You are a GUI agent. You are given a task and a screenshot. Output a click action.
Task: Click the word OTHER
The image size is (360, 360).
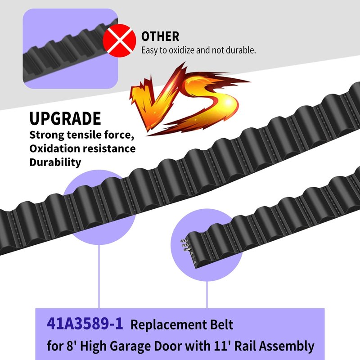point(160,36)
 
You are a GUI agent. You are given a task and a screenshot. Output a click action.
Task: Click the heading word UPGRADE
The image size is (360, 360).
point(65,119)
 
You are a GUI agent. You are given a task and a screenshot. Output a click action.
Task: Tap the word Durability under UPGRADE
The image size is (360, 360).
point(55,162)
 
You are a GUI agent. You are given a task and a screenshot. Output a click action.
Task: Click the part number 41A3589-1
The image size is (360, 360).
point(85,324)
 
